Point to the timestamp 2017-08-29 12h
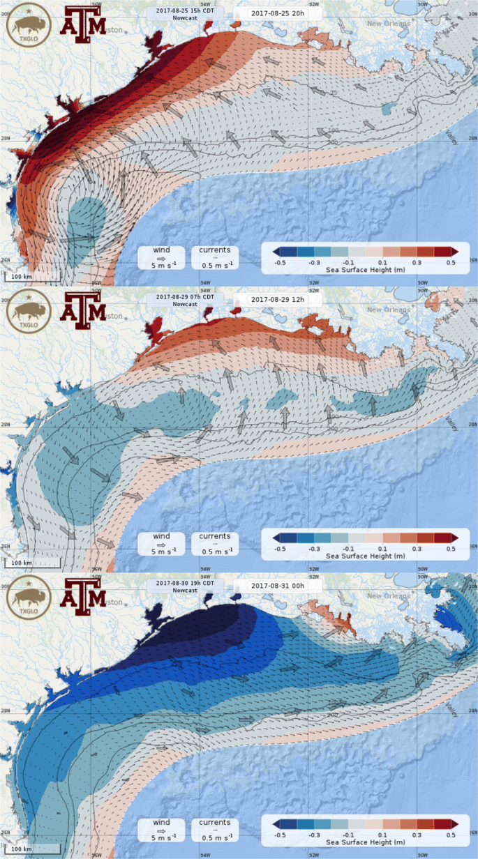pyautogui.click(x=268, y=299)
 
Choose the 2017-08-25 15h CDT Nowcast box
pyautogui.click(x=185, y=15)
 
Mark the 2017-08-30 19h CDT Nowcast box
pyautogui.click(x=185, y=586)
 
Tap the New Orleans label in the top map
pyautogui.click(x=394, y=24)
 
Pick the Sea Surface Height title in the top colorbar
pyautogui.click(x=364, y=270)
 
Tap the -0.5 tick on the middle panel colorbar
pyautogui.click(x=279, y=548)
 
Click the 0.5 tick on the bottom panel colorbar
pyautogui.click(x=451, y=834)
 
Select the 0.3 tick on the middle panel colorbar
pyautogui.click(x=417, y=548)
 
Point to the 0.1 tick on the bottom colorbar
pyautogui.click(x=382, y=834)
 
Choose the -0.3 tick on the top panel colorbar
pyautogui.click(x=313, y=262)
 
